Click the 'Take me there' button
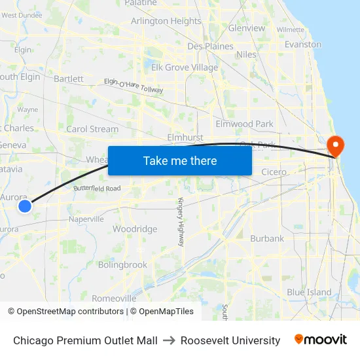click(180, 160)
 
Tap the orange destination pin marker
click(334, 145)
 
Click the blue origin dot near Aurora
click(24, 206)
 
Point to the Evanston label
click(303, 45)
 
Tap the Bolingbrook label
click(122, 265)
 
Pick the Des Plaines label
click(210, 46)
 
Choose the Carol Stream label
click(92, 129)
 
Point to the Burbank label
click(267, 239)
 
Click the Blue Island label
click(309, 293)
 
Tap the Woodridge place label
click(135, 229)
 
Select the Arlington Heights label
click(166, 21)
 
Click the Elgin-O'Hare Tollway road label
click(133, 85)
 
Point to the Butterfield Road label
click(97, 189)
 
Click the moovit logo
click(321, 340)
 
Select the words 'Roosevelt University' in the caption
click(230, 340)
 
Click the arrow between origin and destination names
click(169, 340)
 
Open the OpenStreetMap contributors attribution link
click(67, 312)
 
